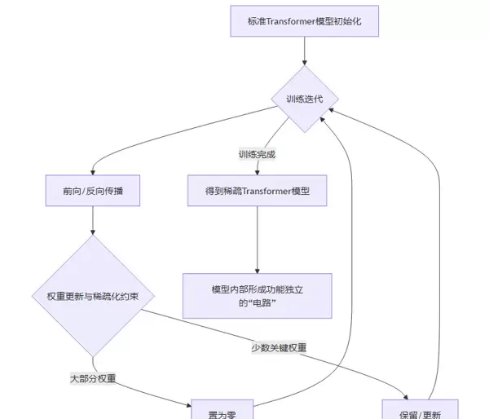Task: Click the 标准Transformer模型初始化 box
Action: [x=304, y=21]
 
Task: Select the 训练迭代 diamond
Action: [x=305, y=99]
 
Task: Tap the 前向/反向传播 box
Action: [x=92, y=192]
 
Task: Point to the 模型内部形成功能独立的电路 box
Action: [x=257, y=295]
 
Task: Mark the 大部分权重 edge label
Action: [x=93, y=378]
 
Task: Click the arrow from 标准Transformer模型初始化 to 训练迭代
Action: [x=305, y=51]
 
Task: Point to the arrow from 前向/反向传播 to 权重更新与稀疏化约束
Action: [x=93, y=222]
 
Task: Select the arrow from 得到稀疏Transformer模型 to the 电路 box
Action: [x=258, y=240]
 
